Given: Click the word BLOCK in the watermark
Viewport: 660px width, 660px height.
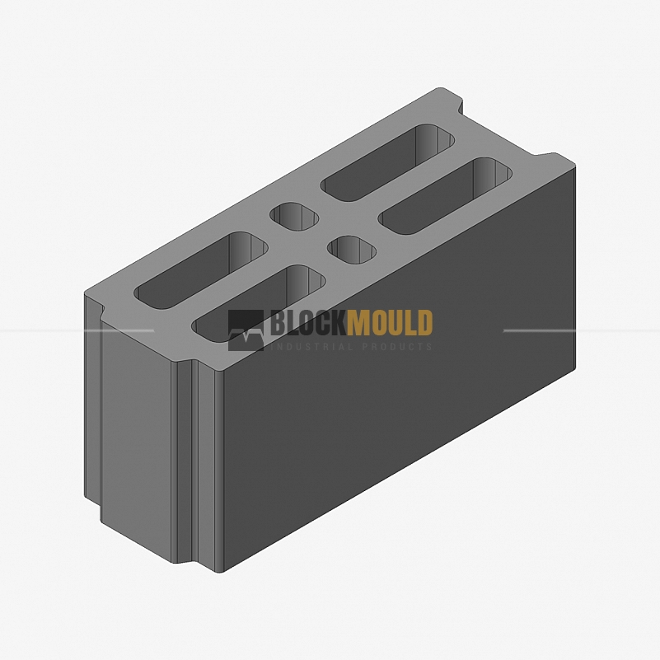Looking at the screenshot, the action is pos(308,323).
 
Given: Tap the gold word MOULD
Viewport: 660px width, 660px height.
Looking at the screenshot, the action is pos(390,323).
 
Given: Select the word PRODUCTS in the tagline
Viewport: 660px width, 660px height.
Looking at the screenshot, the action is pos(397,346).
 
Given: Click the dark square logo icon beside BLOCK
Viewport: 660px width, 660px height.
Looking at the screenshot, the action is pos(246,330).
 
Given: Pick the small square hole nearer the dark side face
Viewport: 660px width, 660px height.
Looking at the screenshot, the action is pos(352,250).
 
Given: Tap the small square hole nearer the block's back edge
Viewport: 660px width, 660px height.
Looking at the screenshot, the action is pos(294,217).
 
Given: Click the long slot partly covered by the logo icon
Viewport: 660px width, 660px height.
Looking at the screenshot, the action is pos(259,303).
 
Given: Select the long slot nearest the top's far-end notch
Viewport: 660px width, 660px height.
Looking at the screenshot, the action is pos(387,162).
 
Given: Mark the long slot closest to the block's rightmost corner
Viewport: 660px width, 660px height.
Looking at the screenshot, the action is pos(445,196).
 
